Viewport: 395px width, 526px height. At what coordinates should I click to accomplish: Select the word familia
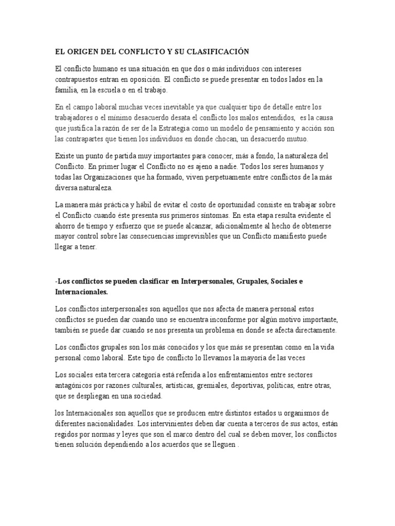pyautogui.click(x=67, y=90)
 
